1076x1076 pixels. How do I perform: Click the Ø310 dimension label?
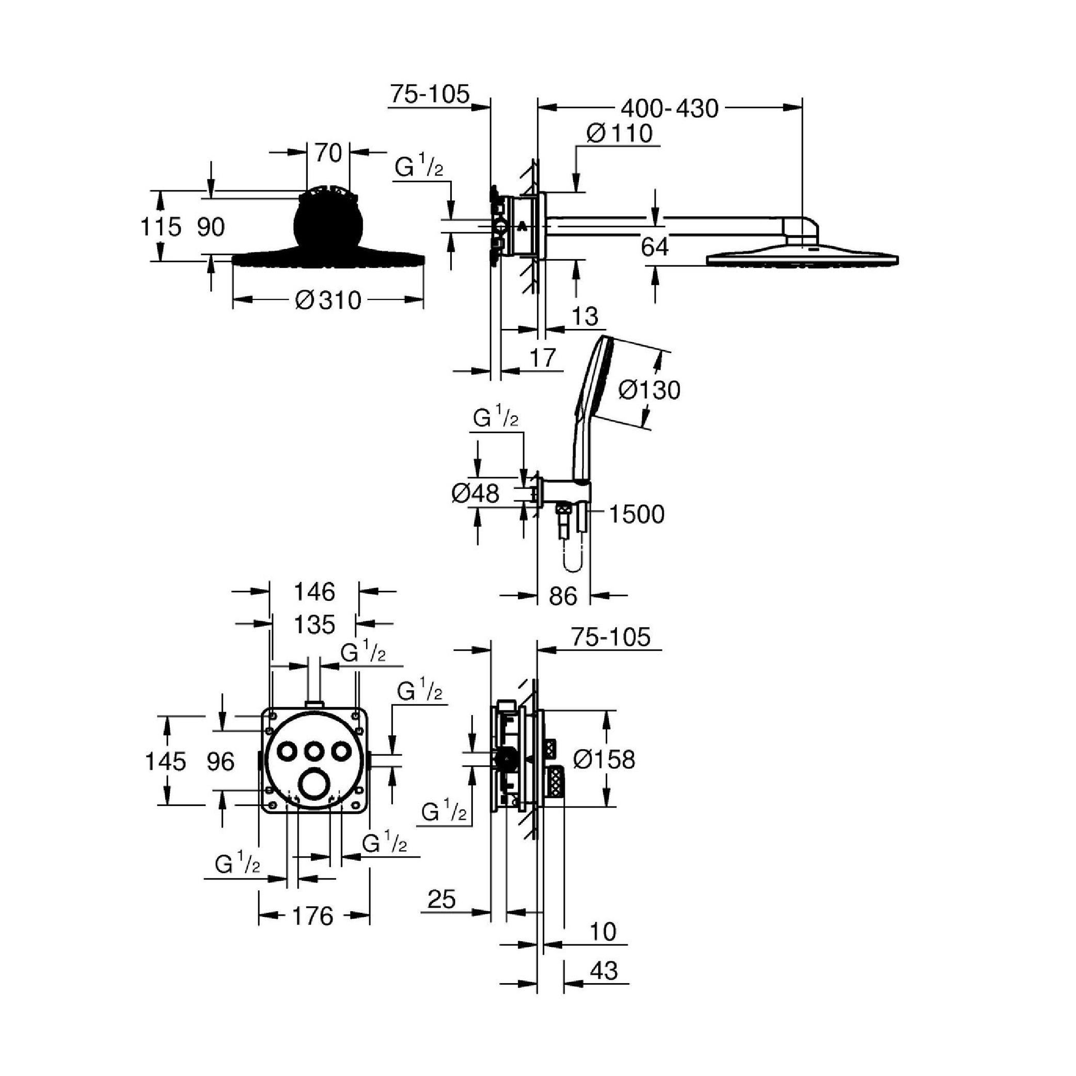click(x=328, y=300)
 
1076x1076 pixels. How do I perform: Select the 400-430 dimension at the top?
click(x=670, y=108)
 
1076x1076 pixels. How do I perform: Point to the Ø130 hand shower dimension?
click(x=650, y=390)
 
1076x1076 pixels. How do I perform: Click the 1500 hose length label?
click(x=637, y=514)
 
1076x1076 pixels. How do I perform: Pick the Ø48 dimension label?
click(x=475, y=494)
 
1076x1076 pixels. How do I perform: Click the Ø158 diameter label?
click(x=604, y=759)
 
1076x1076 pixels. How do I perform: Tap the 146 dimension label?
click(x=314, y=592)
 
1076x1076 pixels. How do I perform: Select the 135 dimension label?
click(x=314, y=625)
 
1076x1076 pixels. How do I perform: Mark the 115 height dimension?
click(x=161, y=227)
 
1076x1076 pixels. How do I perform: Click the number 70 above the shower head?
click(x=328, y=153)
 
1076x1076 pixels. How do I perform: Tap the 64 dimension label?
click(x=654, y=247)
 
